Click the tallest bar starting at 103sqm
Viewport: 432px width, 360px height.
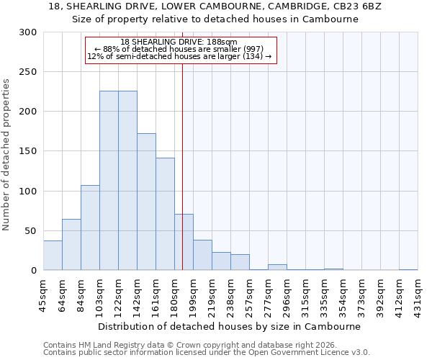(109, 181)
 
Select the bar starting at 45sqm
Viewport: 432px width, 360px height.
(53, 256)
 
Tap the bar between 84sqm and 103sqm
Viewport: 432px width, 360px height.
(90, 228)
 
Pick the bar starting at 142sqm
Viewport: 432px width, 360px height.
(146, 202)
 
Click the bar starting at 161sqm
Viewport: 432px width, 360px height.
(165, 214)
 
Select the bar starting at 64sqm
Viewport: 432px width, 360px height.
(71, 245)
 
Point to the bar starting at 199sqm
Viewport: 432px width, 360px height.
(202, 256)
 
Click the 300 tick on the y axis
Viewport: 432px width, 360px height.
(28, 32)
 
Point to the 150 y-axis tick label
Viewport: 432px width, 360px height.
(28, 152)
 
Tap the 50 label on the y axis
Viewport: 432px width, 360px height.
(31, 231)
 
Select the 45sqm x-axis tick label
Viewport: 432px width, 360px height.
(44, 293)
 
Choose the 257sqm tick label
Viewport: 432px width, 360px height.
(250, 293)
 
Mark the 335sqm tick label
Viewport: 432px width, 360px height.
(325, 293)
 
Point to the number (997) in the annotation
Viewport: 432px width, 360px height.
(261, 49)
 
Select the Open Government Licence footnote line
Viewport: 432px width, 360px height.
(207, 352)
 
